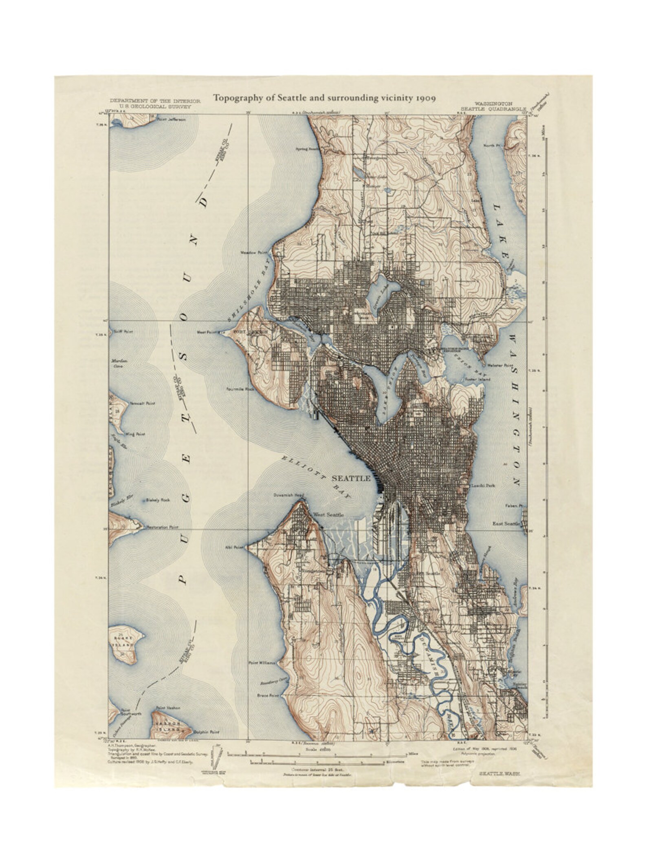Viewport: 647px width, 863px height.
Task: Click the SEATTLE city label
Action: click(351, 478)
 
